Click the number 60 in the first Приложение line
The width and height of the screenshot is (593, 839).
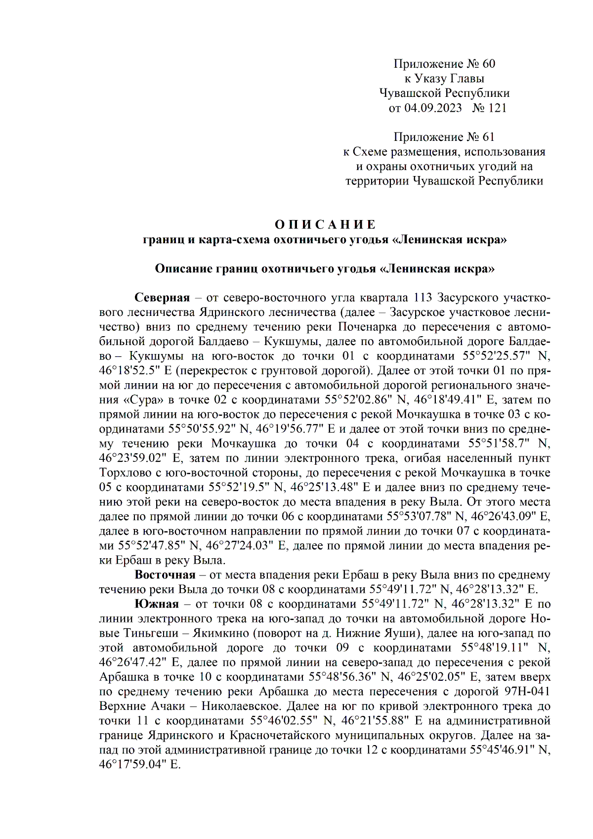pyautogui.click(x=488, y=64)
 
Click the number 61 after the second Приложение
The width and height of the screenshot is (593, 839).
pyautogui.click(x=488, y=137)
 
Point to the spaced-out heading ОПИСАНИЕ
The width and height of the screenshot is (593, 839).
pyautogui.click(x=325, y=225)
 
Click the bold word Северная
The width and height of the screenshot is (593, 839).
pyautogui.click(x=162, y=298)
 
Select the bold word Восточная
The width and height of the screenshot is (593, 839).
pyautogui.click(x=165, y=574)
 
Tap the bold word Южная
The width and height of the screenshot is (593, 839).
pyautogui.click(x=156, y=604)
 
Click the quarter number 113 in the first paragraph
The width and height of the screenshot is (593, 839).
pyautogui.click(x=423, y=298)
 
